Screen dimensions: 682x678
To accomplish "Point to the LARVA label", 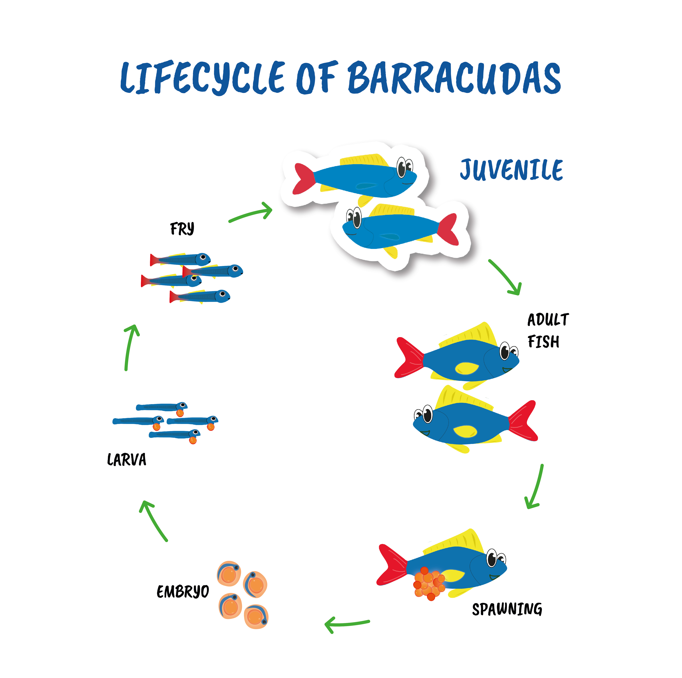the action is [126, 460].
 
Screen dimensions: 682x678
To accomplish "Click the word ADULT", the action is [548, 320].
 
